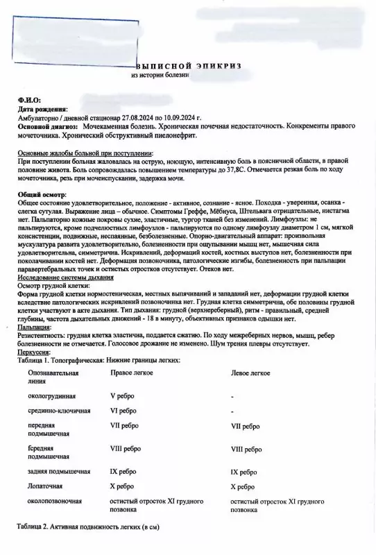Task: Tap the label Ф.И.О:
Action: (28, 101)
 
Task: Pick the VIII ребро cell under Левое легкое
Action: (246, 450)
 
